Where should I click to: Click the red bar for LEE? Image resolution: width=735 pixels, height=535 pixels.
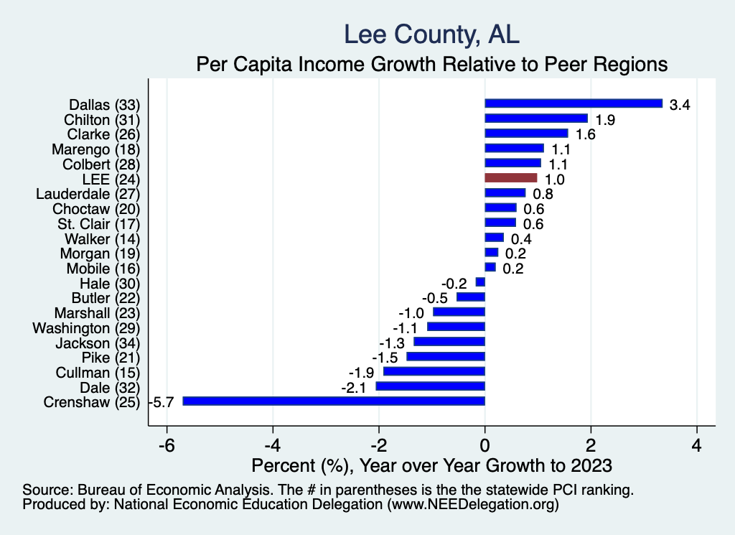(x=511, y=178)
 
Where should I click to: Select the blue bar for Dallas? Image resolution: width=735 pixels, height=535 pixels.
(x=574, y=103)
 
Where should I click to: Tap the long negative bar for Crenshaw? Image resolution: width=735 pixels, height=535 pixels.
(x=334, y=401)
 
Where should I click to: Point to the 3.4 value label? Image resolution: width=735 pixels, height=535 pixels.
(x=680, y=105)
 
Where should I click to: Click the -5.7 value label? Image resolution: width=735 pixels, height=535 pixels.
(x=160, y=402)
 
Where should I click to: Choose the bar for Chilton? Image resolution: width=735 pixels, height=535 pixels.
(x=536, y=118)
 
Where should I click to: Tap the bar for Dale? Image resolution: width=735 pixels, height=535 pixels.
(x=431, y=386)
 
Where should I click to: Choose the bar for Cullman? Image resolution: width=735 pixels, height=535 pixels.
(x=434, y=371)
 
